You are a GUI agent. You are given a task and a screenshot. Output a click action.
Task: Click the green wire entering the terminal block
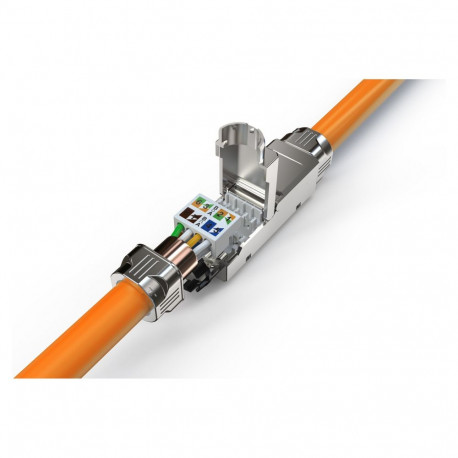[x=179, y=229]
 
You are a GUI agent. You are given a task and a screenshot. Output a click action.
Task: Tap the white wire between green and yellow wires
[x=187, y=234]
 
